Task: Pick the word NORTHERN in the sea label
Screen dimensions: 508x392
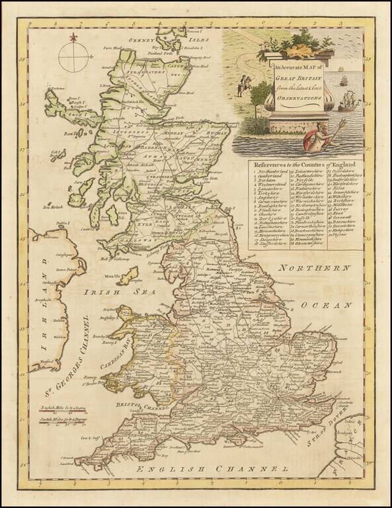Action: click(x=313, y=269)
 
